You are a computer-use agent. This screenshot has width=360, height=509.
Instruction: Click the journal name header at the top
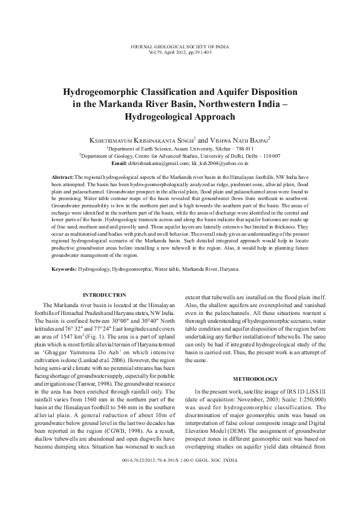click(x=180, y=46)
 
